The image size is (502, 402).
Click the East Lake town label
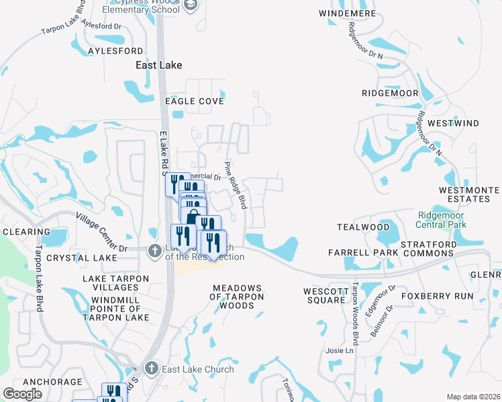tap(158, 65)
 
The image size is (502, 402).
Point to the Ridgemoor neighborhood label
tap(390, 93)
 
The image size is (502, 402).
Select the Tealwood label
tap(363, 227)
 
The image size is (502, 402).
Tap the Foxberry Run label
tap(437, 295)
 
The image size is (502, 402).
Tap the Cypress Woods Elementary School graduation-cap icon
tap(190, 5)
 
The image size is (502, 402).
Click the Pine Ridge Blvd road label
tap(236, 185)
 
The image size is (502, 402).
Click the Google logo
tap(23, 394)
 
